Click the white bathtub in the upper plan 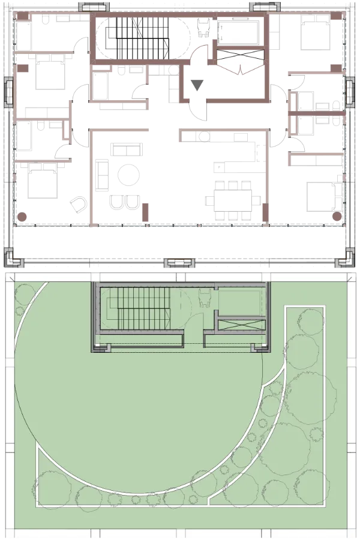[x=238, y=31]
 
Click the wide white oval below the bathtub [x=240, y=62]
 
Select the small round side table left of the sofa [x=78, y=202]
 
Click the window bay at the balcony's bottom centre [x=179, y=261]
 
